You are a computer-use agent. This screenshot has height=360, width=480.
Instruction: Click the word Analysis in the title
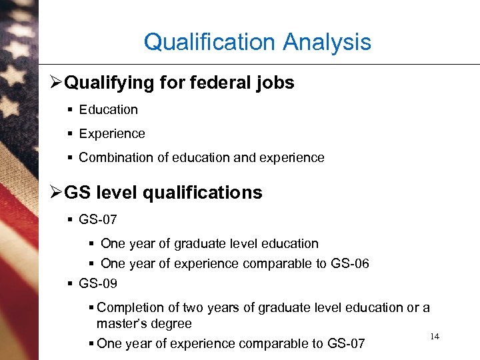click(x=327, y=43)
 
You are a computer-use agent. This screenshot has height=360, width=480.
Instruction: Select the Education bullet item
click(x=108, y=110)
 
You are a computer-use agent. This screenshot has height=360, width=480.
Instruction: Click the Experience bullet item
click(x=111, y=134)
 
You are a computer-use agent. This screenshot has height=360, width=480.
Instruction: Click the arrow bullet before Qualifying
click(x=56, y=83)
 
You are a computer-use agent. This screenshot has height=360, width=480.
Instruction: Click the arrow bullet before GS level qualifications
click(x=56, y=193)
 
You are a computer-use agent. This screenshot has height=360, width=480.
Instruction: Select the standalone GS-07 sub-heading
click(x=97, y=219)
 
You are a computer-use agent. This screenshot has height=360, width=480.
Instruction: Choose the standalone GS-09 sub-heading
click(x=97, y=283)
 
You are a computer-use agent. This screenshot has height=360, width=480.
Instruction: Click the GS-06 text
click(x=349, y=264)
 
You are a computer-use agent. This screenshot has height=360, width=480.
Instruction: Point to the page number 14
click(x=435, y=337)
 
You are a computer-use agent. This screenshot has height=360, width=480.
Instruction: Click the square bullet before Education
click(x=70, y=110)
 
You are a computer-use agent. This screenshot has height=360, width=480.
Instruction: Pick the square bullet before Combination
click(x=70, y=158)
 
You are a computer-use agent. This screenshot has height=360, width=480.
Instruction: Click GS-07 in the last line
click(x=346, y=344)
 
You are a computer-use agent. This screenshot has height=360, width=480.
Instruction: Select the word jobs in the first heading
click(x=276, y=83)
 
